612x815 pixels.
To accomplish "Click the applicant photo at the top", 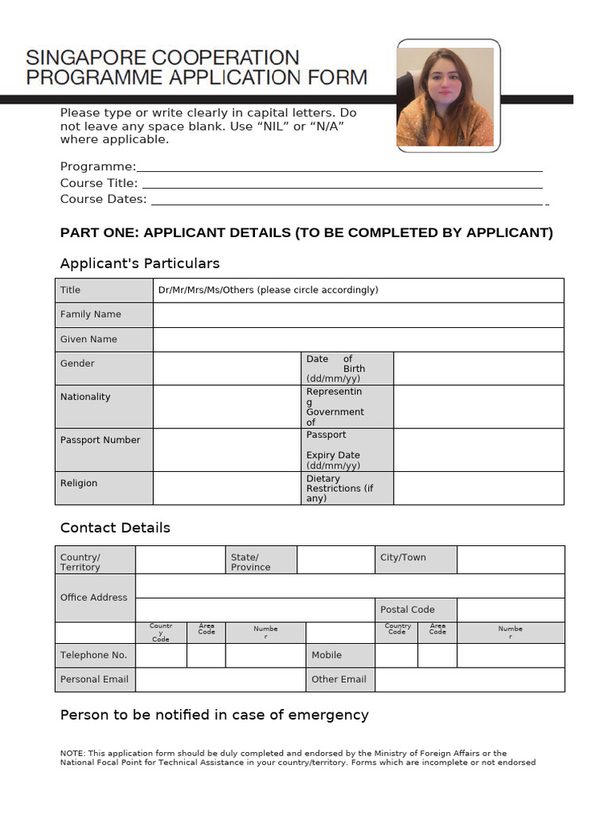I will pyautogui.click(x=449, y=96).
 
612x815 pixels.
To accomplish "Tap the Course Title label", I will pyautogui.click(x=99, y=183).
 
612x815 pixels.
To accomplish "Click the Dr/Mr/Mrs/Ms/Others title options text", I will pyautogui.click(x=269, y=291).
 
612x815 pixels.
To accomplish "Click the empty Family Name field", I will pyautogui.click(x=358, y=315).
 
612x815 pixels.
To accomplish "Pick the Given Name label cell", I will pyautogui.click(x=104, y=339).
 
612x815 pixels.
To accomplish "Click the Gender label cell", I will pyautogui.click(x=104, y=368).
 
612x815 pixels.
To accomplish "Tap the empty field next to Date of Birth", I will pyautogui.click(x=478, y=369).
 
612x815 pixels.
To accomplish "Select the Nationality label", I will pyautogui.click(x=86, y=397).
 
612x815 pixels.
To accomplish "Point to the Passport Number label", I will pyautogui.click(x=100, y=440).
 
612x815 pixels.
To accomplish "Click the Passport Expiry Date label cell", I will pyautogui.click(x=347, y=450).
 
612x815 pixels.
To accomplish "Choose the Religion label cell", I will pyautogui.click(x=104, y=488).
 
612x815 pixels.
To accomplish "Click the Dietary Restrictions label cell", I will pyautogui.click(x=347, y=489).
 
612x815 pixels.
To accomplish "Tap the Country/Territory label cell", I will pyautogui.click(x=95, y=562).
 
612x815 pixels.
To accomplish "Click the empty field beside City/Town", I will pyautogui.click(x=510, y=560).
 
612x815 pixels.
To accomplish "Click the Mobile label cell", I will pyautogui.click(x=340, y=655).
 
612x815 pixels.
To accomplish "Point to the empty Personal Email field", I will pyautogui.click(x=220, y=680).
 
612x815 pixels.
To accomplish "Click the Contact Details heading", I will pyautogui.click(x=116, y=528).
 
